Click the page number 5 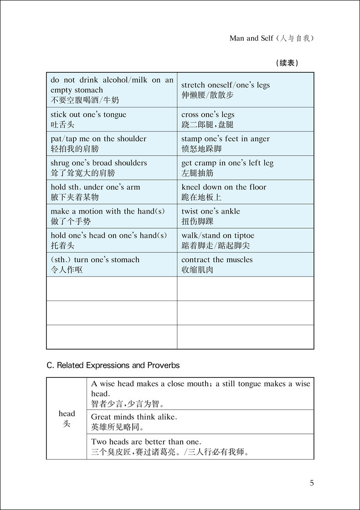click(x=312, y=483)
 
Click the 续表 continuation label click(x=288, y=63)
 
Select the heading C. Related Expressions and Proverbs click(x=113, y=365)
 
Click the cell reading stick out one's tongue click(x=112, y=119)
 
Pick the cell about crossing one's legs click(x=245, y=119)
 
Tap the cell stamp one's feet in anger click(x=245, y=143)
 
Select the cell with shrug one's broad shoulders click(x=112, y=168)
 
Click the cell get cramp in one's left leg click(x=245, y=168)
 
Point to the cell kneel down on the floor click(x=245, y=192)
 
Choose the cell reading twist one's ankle click(x=245, y=216)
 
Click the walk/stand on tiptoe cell click(x=245, y=240)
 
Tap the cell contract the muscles click(x=245, y=264)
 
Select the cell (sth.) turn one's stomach click(x=112, y=264)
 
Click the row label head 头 click(x=67, y=418)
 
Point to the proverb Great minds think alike click(x=134, y=417)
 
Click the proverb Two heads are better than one click(x=146, y=441)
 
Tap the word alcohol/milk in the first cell click(x=123, y=80)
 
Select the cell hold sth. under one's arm click(x=112, y=192)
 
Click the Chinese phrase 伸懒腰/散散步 click(x=207, y=95)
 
